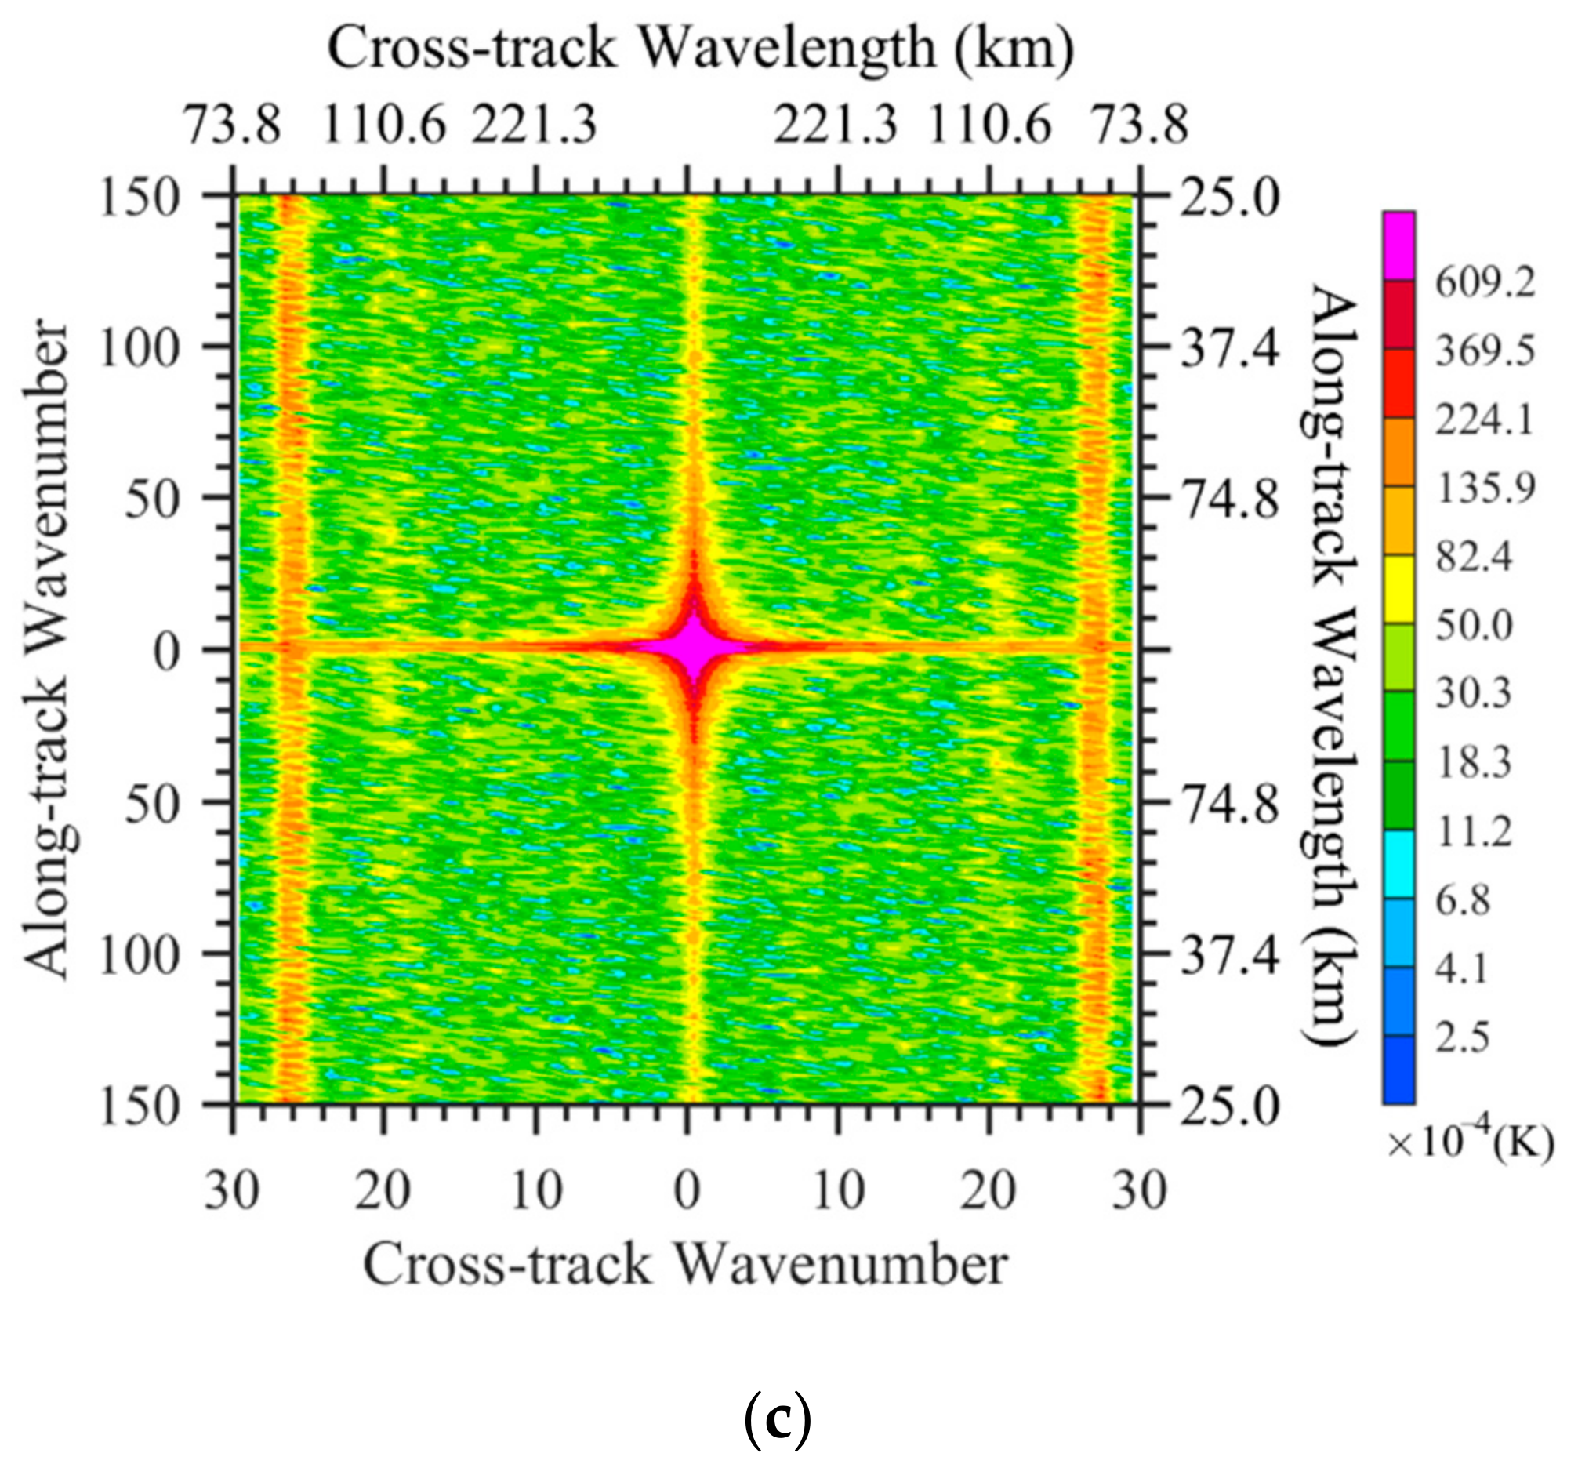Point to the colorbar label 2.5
tap(1463, 1037)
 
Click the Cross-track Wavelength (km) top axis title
tap(701, 49)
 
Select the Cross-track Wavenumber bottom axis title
tap(685, 1264)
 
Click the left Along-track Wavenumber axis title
tap(46, 649)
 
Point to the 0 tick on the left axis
tap(170, 652)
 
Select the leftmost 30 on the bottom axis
tap(231, 1192)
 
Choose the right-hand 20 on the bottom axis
tap(989, 1192)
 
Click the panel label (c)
tap(778, 1423)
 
